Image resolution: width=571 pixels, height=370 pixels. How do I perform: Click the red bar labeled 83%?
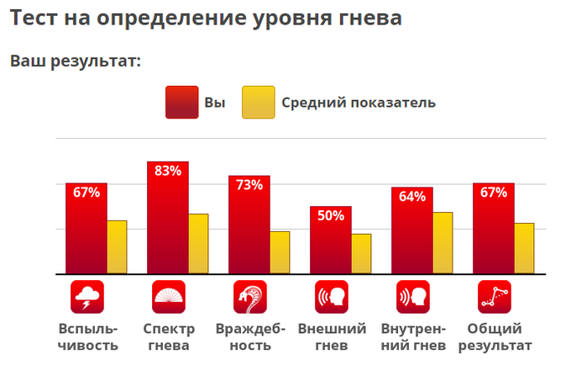(168, 218)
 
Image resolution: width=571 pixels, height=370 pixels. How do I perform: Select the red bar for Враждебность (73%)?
(249, 225)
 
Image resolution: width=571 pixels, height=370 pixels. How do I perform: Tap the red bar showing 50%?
(331, 240)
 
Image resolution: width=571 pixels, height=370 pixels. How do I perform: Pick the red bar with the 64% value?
(412, 230)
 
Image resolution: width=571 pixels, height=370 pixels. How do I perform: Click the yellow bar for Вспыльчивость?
(117, 247)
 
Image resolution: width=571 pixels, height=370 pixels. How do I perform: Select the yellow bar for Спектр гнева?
(198, 244)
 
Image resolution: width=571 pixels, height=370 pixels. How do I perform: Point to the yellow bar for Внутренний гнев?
(443, 243)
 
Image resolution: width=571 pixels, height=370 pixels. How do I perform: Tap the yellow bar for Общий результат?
(524, 248)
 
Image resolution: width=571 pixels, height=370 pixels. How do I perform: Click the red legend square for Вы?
(182, 103)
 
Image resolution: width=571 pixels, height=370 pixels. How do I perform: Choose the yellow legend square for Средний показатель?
(259, 103)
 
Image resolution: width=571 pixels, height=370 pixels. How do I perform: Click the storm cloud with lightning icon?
(87, 297)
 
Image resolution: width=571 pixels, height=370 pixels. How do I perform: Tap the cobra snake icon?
(250, 297)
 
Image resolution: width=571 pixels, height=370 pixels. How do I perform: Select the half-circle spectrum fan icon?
(169, 297)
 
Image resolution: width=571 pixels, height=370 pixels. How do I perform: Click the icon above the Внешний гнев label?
(332, 297)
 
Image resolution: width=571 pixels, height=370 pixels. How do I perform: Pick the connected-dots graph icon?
(495, 297)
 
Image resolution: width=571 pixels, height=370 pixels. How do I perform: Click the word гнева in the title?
(370, 18)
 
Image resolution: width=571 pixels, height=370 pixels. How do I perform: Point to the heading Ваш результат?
(76, 61)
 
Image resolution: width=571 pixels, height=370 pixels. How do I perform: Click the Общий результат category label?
(495, 337)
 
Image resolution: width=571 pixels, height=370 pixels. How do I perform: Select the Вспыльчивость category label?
(88, 337)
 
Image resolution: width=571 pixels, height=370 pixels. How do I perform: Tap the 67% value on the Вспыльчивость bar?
(86, 192)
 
